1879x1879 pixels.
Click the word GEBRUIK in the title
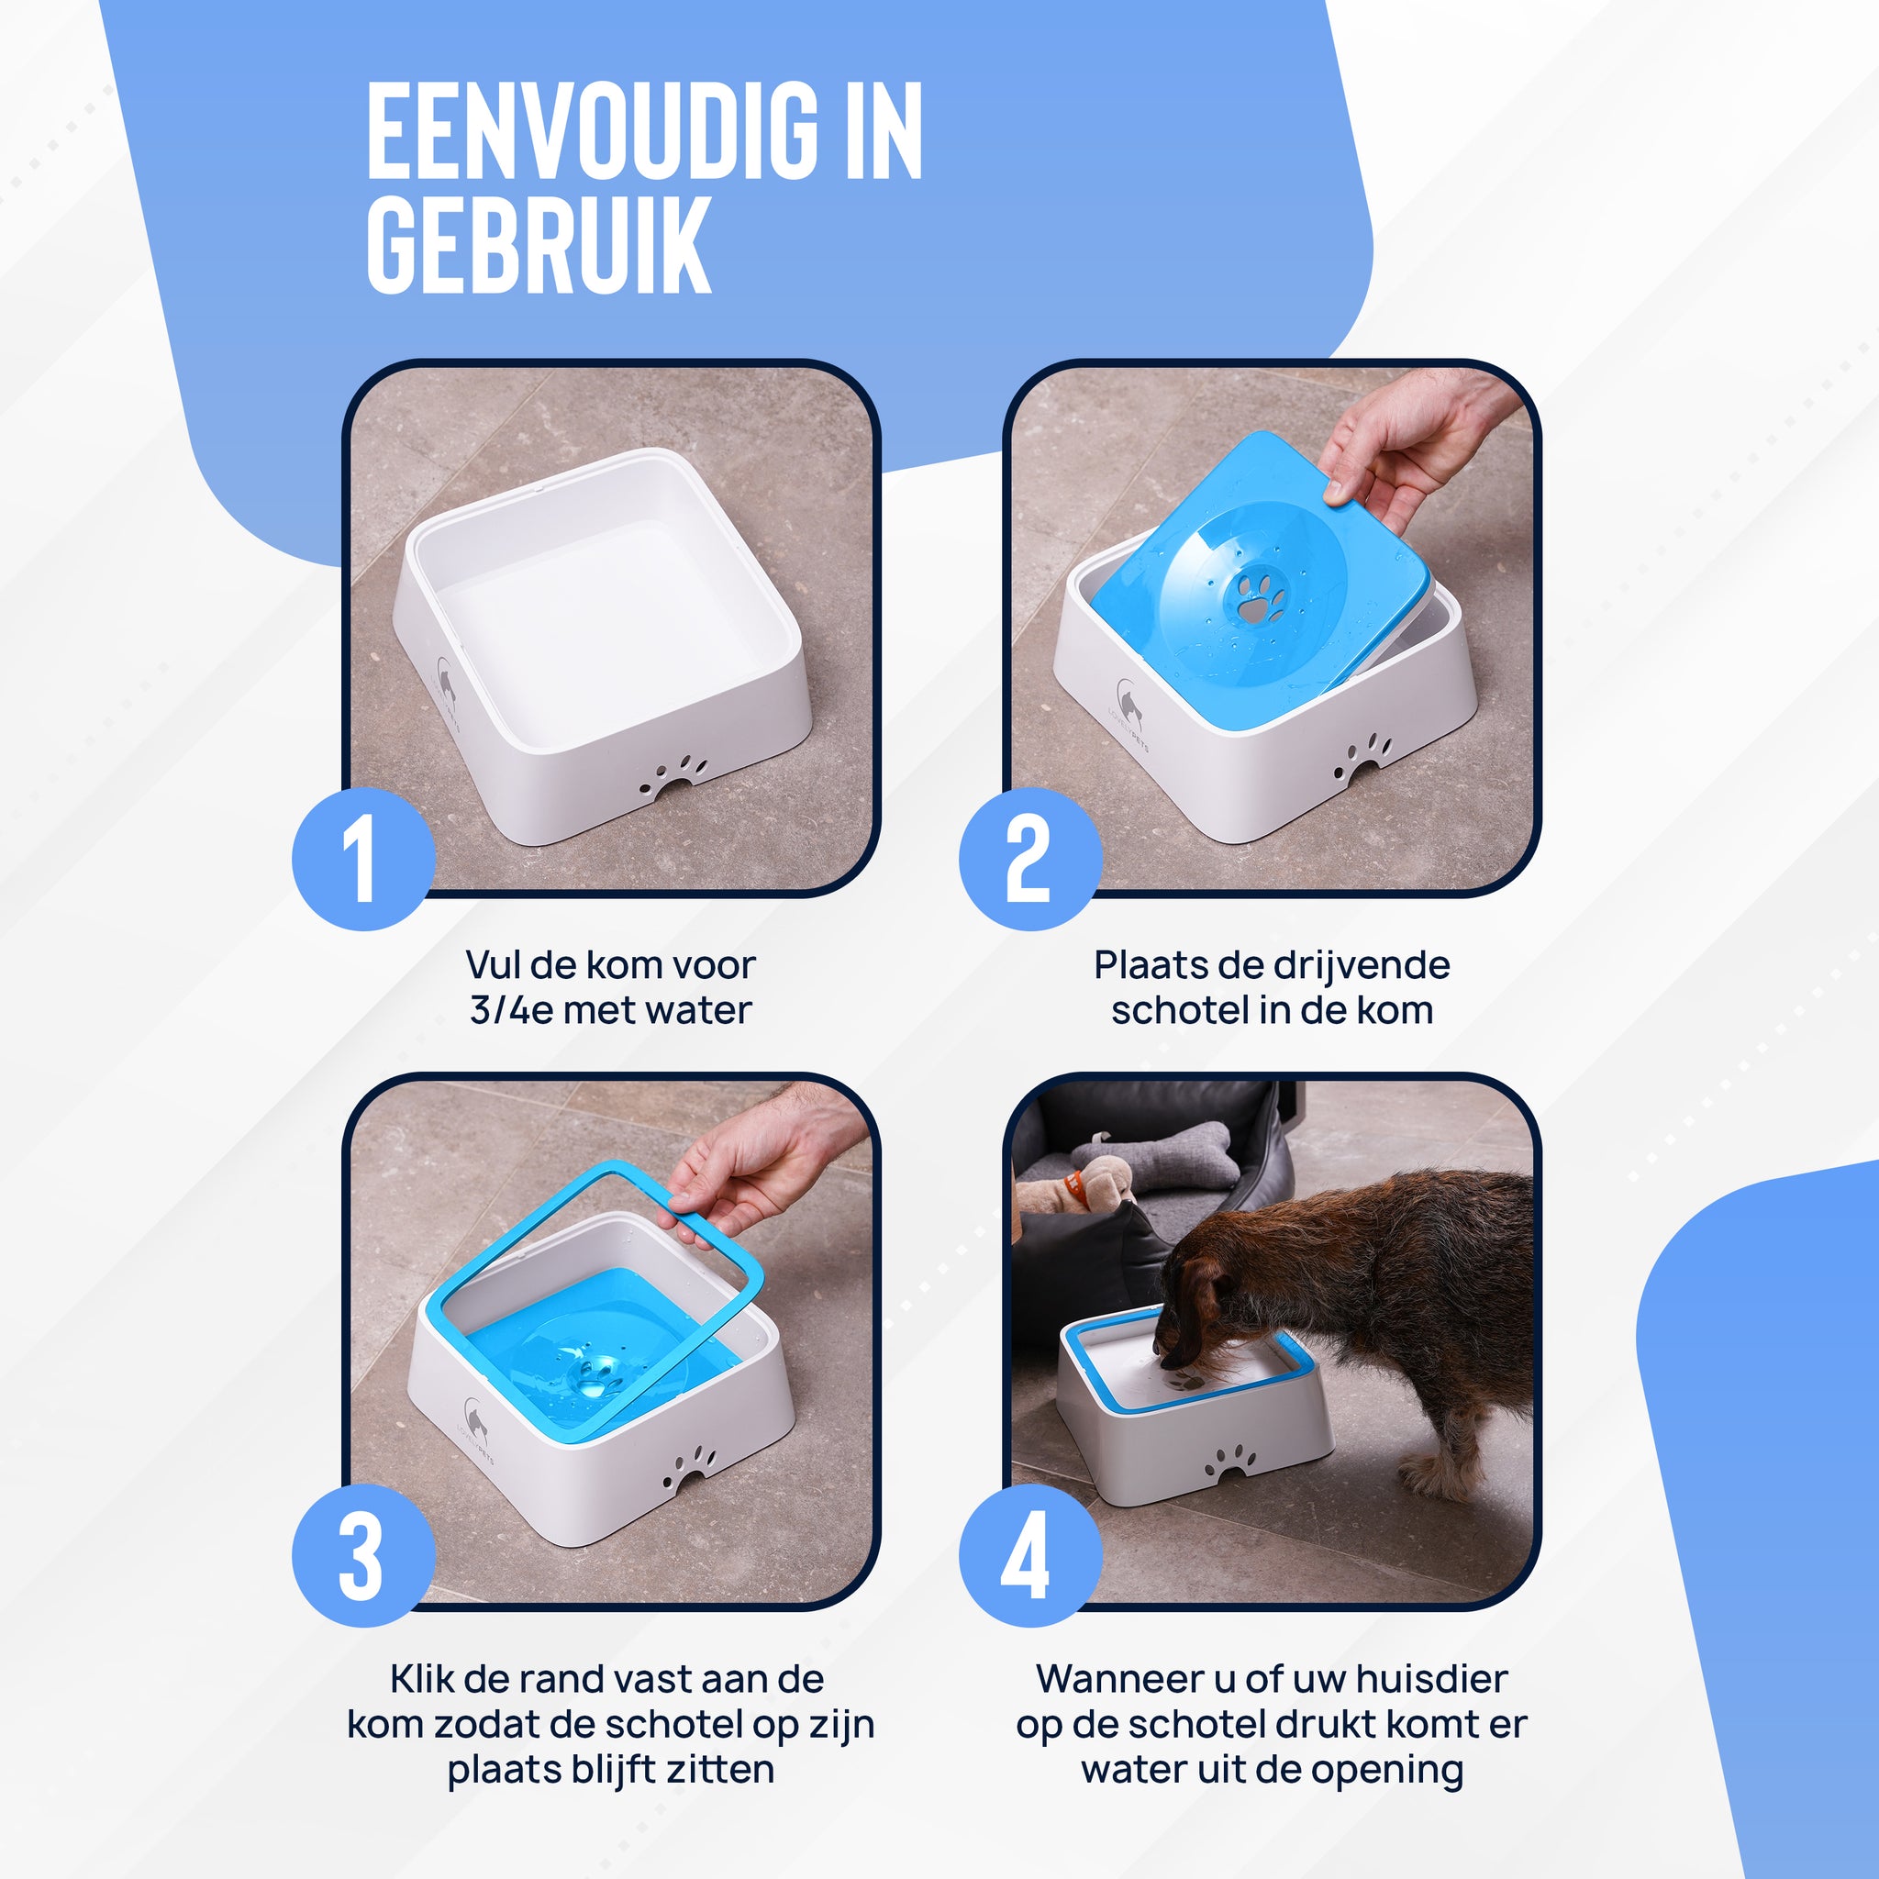tap(539, 244)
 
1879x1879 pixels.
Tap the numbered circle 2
tap(1030, 859)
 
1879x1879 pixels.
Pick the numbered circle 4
tap(1030, 1555)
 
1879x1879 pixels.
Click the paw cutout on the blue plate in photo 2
tap(1261, 596)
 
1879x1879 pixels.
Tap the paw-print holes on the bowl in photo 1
tap(675, 774)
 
